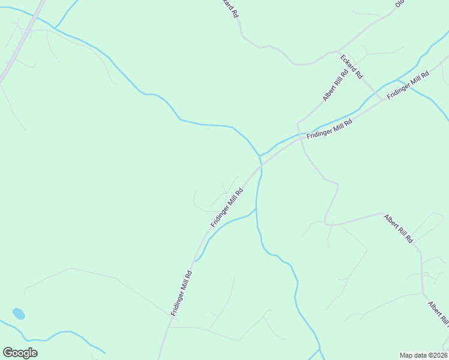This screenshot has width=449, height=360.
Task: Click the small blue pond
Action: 19,314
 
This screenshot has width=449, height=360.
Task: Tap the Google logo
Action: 20,353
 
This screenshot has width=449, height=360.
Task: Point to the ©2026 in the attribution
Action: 437,355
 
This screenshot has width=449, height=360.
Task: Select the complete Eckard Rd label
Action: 351,67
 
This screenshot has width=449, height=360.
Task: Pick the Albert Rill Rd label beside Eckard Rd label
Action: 335,86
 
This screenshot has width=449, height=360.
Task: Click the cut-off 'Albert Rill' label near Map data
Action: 438,315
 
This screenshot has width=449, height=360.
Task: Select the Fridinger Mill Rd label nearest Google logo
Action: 181,293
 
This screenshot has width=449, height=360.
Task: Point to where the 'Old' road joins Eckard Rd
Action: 339,51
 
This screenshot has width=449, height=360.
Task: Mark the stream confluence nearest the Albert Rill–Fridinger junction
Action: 259,156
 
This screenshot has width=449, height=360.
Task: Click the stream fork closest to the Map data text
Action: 319,349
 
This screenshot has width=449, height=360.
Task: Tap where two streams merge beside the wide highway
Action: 55,28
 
